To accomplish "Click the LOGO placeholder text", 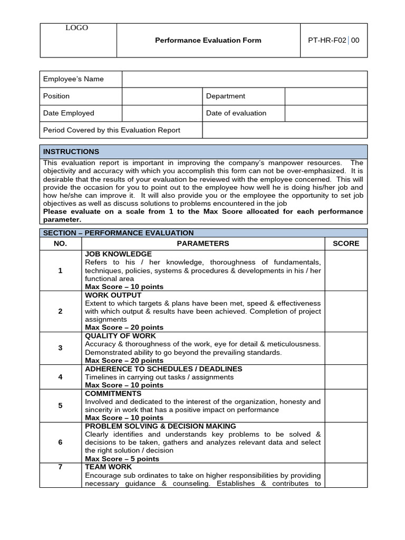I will [76, 28].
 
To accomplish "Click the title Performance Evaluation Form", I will [208, 40].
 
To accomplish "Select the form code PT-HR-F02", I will [323, 40].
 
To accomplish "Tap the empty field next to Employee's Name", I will [244, 79].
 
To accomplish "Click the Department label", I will [225, 96].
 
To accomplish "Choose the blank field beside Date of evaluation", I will [325, 113].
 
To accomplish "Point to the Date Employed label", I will [69, 113].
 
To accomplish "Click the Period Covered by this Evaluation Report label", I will [112, 130].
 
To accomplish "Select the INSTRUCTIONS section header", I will [71, 151].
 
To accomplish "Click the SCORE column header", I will [345, 243].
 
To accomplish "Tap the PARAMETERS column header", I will [203, 243].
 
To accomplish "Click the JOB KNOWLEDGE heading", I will [118, 254].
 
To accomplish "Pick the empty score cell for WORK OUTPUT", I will [345, 311].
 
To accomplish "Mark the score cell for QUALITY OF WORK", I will [345, 348].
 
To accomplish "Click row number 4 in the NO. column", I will [60, 377].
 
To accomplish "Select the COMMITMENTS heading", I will [113, 393].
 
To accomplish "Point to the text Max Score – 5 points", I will [122, 459].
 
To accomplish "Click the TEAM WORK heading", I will [108, 467].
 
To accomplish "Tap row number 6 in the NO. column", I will [60, 442].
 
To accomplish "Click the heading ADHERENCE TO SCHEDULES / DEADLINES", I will [156, 369].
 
